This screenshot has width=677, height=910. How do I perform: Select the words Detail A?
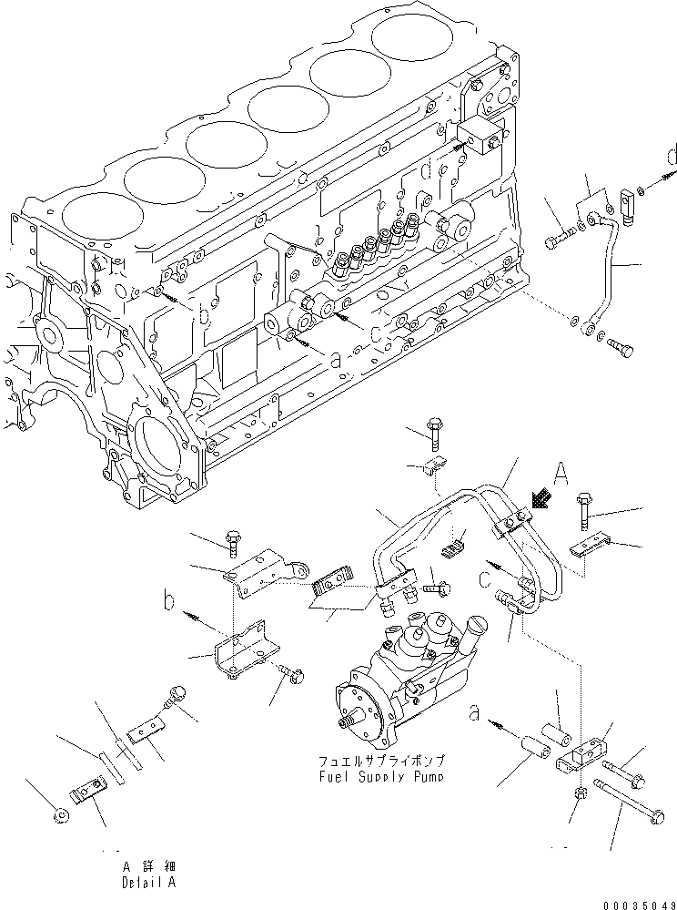coord(147,883)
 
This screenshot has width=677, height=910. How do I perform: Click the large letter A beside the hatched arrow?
coord(561,473)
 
